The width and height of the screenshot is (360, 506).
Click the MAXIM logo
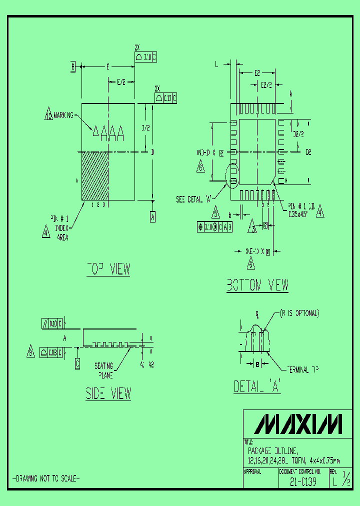pyautogui.click(x=298, y=424)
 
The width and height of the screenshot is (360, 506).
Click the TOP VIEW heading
pyautogui.click(x=108, y=269)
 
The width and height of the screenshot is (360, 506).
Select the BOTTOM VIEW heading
pyautogui.click(x=257, y=285)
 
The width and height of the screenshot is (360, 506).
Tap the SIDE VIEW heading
pyautogui.click(x=108, y=393)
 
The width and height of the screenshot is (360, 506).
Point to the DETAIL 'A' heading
pyautogui.click(x=257, y=386)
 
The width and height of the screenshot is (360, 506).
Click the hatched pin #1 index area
pyautogui.click(x=95, y=176)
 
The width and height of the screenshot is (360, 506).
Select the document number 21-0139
pyautogui.click(x=303, y=483)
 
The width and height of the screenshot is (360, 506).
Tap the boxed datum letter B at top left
pyautogui.click(x=73, y=66)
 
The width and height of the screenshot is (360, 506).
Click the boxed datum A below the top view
pyautogui.click(x=152, y=216)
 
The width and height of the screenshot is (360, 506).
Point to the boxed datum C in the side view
pyautogui.click(x=77, y=364)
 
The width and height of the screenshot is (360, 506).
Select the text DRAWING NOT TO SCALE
pyautogui.click(x=45, y=478)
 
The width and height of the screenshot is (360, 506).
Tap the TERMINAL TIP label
pyautogui.click(x=302, y=369)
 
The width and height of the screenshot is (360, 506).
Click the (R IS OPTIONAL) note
pyautogui.click(x=299, y=313)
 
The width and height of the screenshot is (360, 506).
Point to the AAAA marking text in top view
pyautogui.click(x=108, y=132)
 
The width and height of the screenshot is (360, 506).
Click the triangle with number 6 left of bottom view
pyautogui.click(x=201, y=168)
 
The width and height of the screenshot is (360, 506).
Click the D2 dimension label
pyautogui.click(x=308, y=152)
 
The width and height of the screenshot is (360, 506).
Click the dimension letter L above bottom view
pyautogui.click(x=216, y=64)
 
